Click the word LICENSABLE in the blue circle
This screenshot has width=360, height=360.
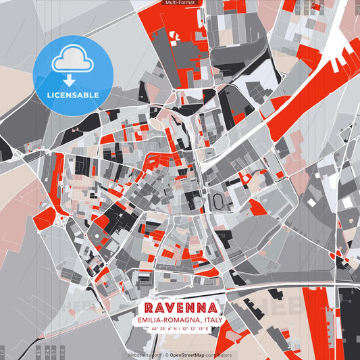click(72, 95)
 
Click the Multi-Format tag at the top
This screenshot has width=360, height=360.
click(180, 3)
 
